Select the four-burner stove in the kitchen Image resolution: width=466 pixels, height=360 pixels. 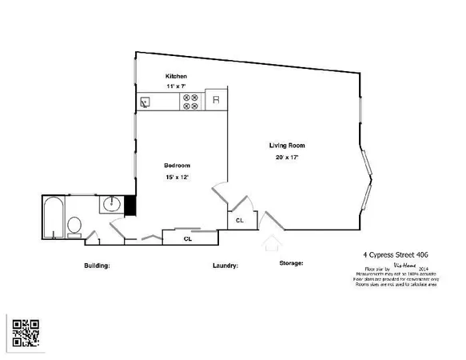(191, 102)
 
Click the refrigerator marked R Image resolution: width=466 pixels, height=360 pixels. (215, 101)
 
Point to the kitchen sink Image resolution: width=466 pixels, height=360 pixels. (145, 102)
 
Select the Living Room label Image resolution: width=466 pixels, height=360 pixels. (287, 146)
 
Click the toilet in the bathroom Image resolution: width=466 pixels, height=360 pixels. (74, 226)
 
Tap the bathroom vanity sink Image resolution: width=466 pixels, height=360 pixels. (111, 205)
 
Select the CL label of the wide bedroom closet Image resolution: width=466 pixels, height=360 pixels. (188, 238)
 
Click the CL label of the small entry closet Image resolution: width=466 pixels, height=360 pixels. (239, 220)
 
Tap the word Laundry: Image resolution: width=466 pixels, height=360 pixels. (225, 266)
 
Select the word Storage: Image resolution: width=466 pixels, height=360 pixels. (291, 262)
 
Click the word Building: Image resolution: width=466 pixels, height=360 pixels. (97, 266)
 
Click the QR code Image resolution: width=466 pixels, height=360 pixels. (26, 333)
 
